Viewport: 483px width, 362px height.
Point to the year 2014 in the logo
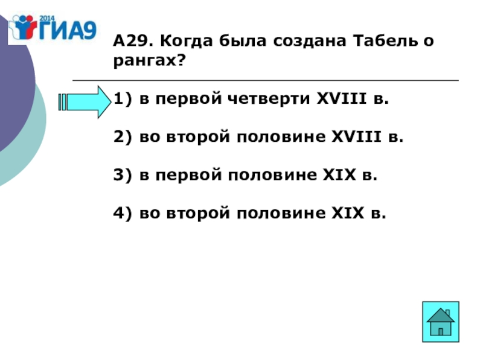click(48, 16)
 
